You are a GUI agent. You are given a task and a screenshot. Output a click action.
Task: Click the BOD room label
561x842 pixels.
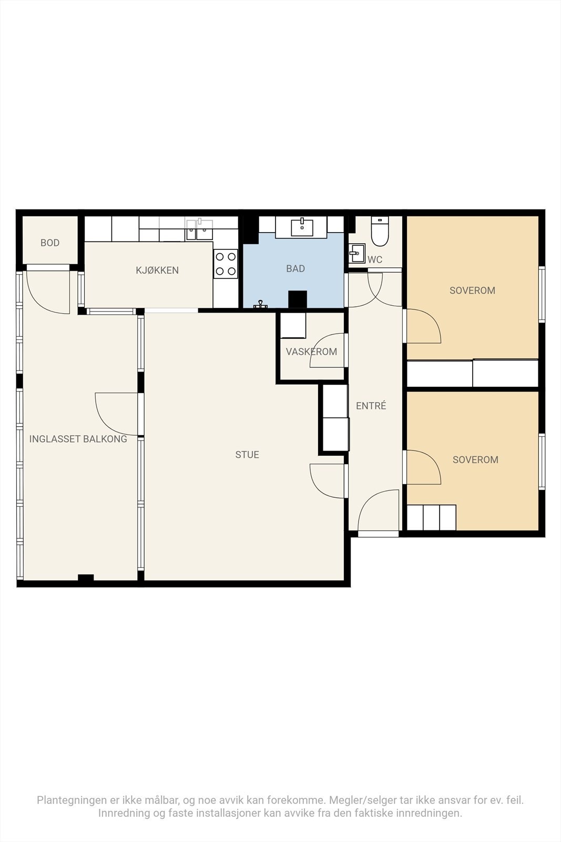click(50, 243)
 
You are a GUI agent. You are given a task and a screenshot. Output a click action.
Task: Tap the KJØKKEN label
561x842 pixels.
click(157, 270)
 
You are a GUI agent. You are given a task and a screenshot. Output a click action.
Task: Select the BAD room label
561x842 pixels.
click(295, 269)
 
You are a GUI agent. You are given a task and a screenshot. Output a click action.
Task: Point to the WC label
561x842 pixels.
click(375, 259)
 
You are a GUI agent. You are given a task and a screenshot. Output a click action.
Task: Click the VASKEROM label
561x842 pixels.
click(311, 352)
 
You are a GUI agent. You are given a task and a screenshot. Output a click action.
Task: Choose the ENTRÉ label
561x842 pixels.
click(371, 406)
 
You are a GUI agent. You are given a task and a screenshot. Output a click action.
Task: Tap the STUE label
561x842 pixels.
click(247, 455)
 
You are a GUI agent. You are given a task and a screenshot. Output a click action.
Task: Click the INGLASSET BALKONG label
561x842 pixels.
click(78, 439)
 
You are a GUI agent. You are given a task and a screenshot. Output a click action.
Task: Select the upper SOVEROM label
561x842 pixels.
click(472, 290)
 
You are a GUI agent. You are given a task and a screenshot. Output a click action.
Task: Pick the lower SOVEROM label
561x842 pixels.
click(475, 460)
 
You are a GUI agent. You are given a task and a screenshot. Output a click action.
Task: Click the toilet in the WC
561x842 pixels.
click(380, 231)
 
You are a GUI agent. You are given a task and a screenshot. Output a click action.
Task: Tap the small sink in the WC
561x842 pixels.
click(356, 253)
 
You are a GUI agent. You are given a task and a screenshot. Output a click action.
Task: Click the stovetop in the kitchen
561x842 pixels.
click(226, 264)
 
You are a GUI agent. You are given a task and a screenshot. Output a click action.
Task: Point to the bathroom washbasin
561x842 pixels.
click(302, 228)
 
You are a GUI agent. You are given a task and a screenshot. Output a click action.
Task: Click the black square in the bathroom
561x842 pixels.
click(298, 299)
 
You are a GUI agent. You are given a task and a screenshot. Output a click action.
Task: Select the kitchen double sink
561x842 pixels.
click(200, 230)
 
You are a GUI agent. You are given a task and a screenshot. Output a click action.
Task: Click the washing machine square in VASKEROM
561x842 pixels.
click(293, 326)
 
